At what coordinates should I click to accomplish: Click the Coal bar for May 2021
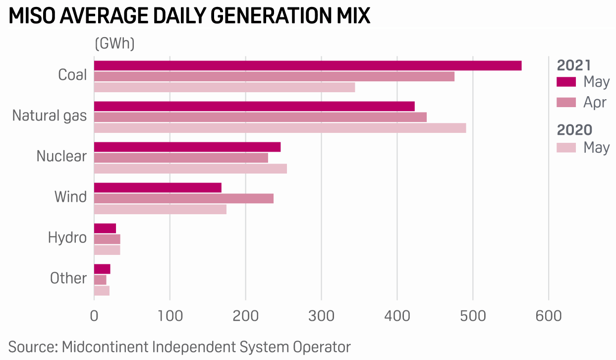click(x=307, y=66)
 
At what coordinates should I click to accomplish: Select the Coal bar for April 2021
click(x=274, y=77)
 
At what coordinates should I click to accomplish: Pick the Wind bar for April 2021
click(x=183, y=199)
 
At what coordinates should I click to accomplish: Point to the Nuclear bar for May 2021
click(x=187, y=147)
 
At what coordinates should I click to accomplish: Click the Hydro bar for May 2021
click(x=105, y=229)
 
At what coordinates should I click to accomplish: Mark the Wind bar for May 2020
click(x=160, y=210)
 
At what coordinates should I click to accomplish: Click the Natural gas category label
click(x=50, y=116)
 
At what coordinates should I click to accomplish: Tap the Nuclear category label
click(x=61, y=157)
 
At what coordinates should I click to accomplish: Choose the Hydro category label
click(x=67, y=238)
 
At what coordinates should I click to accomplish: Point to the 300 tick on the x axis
click(x=321, y=316)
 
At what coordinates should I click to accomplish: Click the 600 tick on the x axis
click(x=549, y=316)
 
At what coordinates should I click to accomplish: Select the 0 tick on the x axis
click(x=94, y=316)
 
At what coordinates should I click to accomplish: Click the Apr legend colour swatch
click(x=566, y=103)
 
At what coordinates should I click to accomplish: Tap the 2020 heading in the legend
click(x=574, y=130)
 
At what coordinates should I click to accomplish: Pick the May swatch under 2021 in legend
click(x=566, y=82)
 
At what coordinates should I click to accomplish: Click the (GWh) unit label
click(x=114, y=44)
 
